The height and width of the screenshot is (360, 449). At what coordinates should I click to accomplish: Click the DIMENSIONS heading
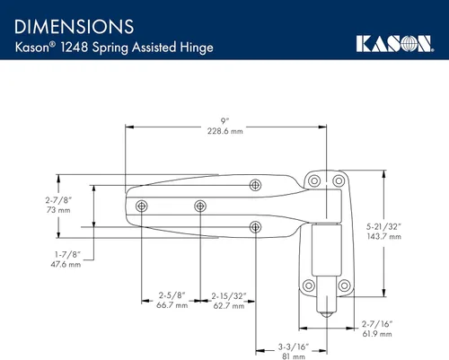[x=74, y=27]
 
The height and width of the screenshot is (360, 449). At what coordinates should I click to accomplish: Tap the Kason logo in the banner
[x=395, y=44]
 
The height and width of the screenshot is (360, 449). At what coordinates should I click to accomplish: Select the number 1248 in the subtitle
[x=75, y=47]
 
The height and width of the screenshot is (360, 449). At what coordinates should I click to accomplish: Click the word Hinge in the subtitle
[x=197, y=48]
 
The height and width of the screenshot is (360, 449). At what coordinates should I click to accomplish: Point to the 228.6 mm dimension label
[x=225, y=131]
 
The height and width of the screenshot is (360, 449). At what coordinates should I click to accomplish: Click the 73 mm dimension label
[x=58, y=210]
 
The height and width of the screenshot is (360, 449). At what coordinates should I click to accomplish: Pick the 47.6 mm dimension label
[x=66, y=265]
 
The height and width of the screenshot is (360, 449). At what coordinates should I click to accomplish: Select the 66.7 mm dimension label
[x=172, y=305]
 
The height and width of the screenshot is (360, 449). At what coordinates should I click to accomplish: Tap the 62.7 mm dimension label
[x=229, y=306]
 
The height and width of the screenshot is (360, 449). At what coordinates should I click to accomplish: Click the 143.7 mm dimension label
[x=384, y=236]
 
